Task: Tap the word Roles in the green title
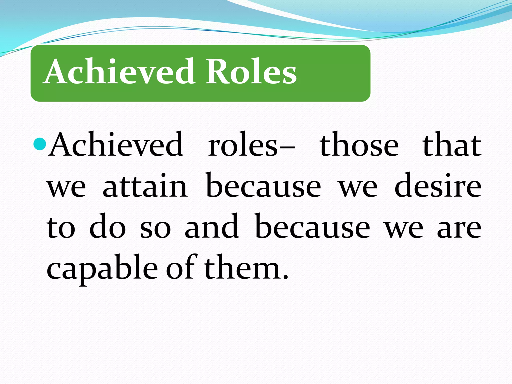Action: (251, 71)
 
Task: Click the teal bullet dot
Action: (40, 144)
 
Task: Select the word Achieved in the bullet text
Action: (116, 145)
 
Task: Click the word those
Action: (359, 145)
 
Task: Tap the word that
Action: (451, 145)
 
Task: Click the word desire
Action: (437, 186)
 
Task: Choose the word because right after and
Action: (312, 227)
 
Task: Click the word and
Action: (211, 227)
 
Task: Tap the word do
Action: (107, 227)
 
